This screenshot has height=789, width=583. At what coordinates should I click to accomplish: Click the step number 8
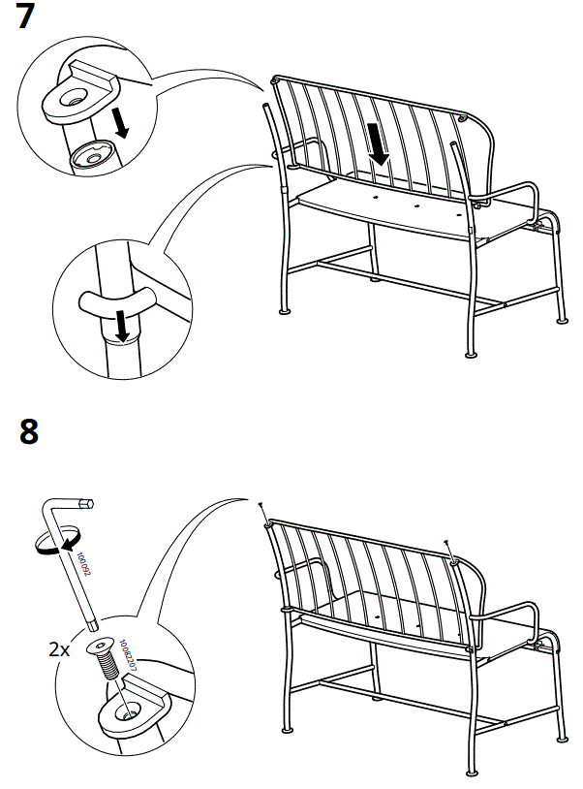[29, 430]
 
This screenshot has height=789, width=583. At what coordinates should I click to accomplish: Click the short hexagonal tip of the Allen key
[88, 504]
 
